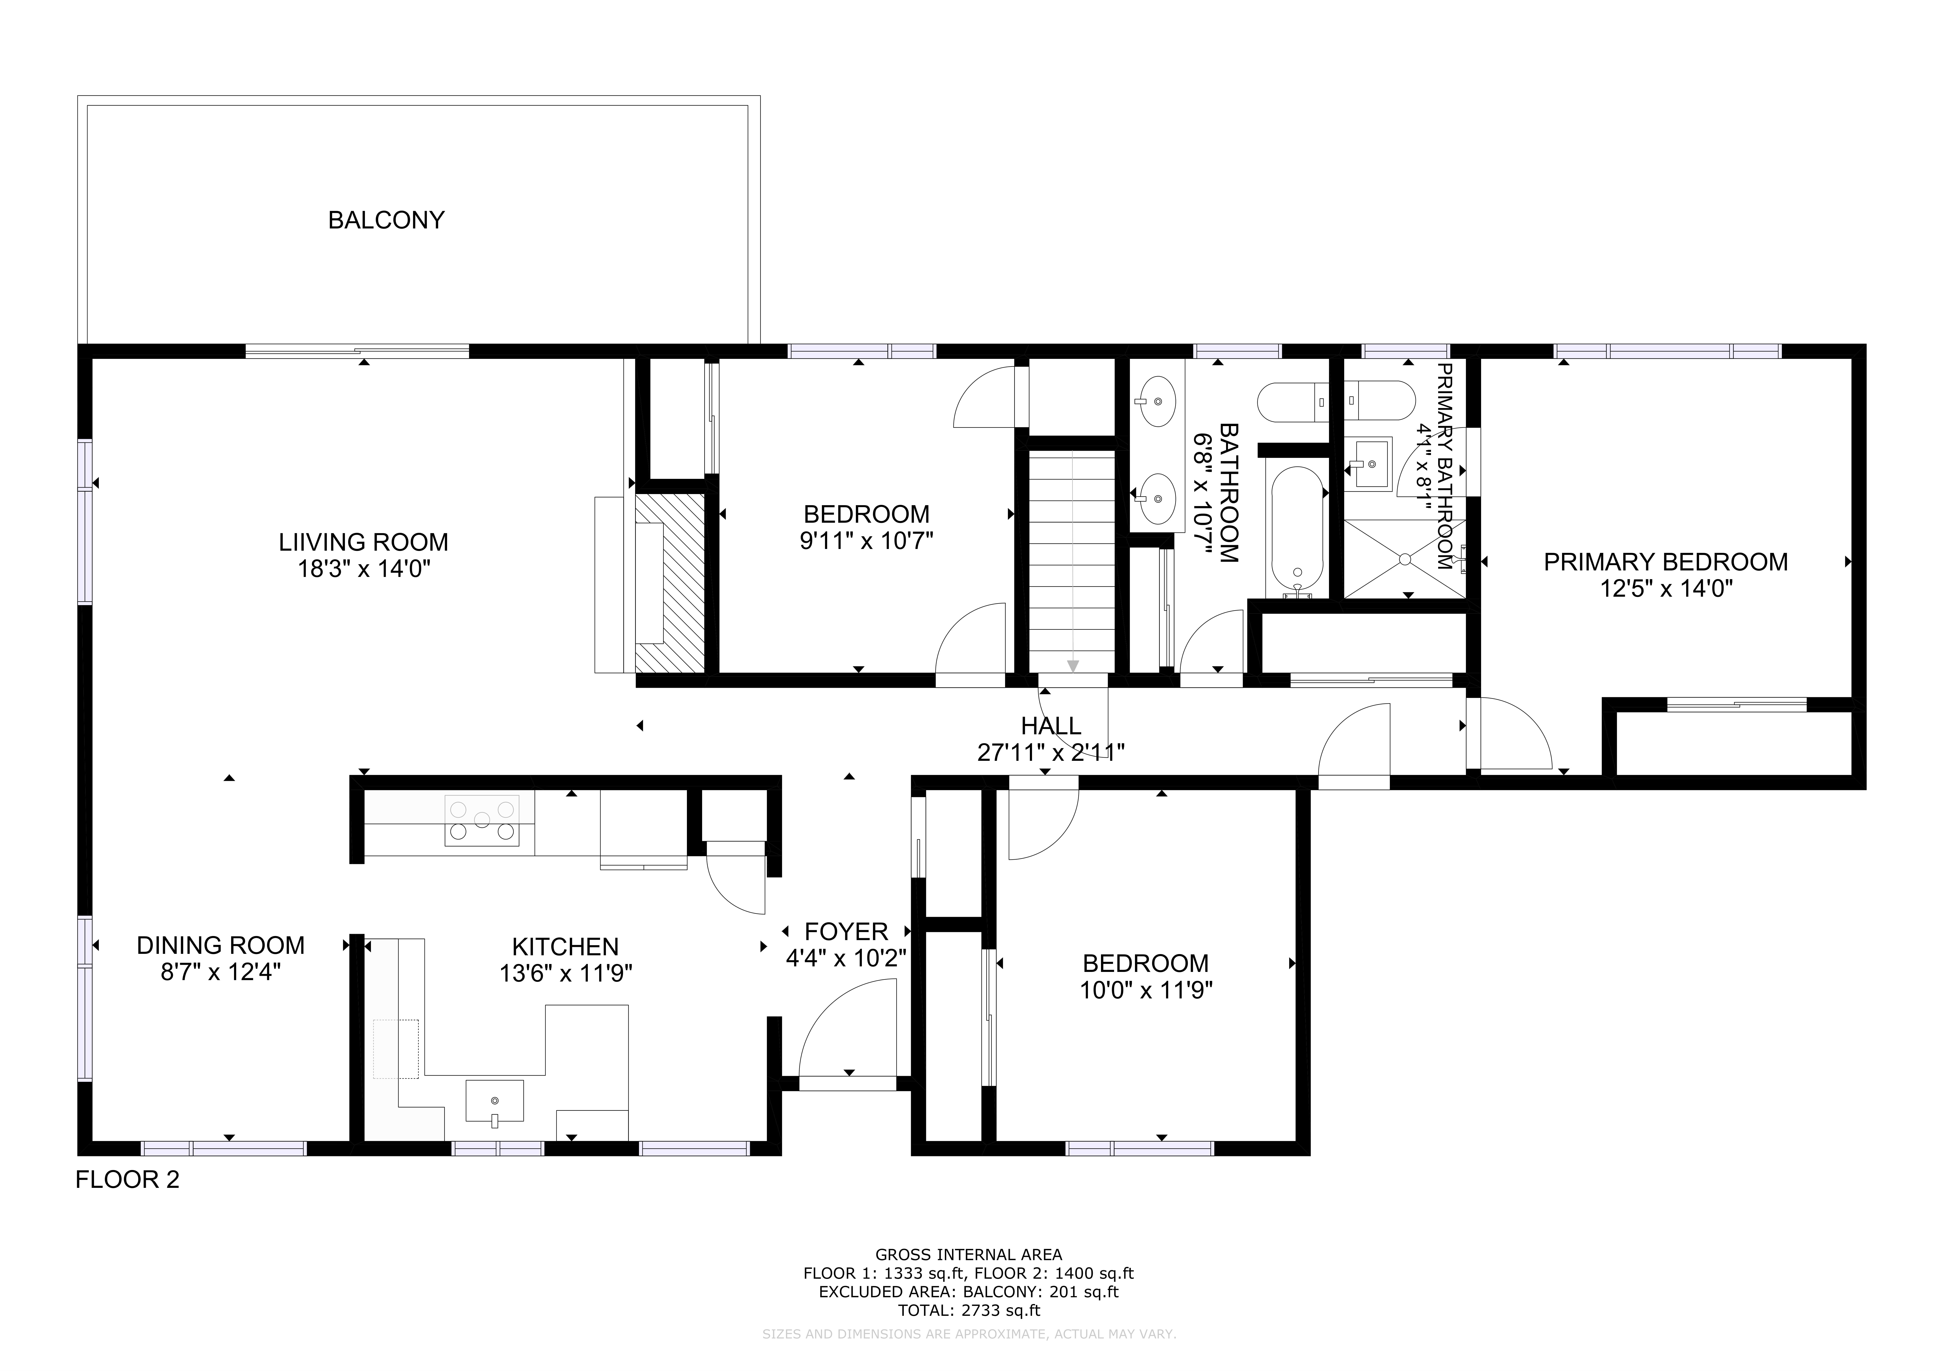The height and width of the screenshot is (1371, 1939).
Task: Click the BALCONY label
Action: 386,220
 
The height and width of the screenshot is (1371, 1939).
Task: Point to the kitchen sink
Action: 495,1102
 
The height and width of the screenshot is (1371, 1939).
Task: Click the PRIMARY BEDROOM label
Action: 1665,562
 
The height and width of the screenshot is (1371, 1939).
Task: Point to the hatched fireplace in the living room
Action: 670,584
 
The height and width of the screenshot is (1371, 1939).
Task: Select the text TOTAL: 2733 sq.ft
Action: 969,1311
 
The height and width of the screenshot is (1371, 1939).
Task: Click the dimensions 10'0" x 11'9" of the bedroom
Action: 1146,990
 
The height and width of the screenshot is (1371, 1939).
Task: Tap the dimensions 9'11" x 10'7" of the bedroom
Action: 866,540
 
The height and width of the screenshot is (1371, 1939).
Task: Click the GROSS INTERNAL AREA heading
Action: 969,1255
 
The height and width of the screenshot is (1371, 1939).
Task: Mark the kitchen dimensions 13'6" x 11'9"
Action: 566,973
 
